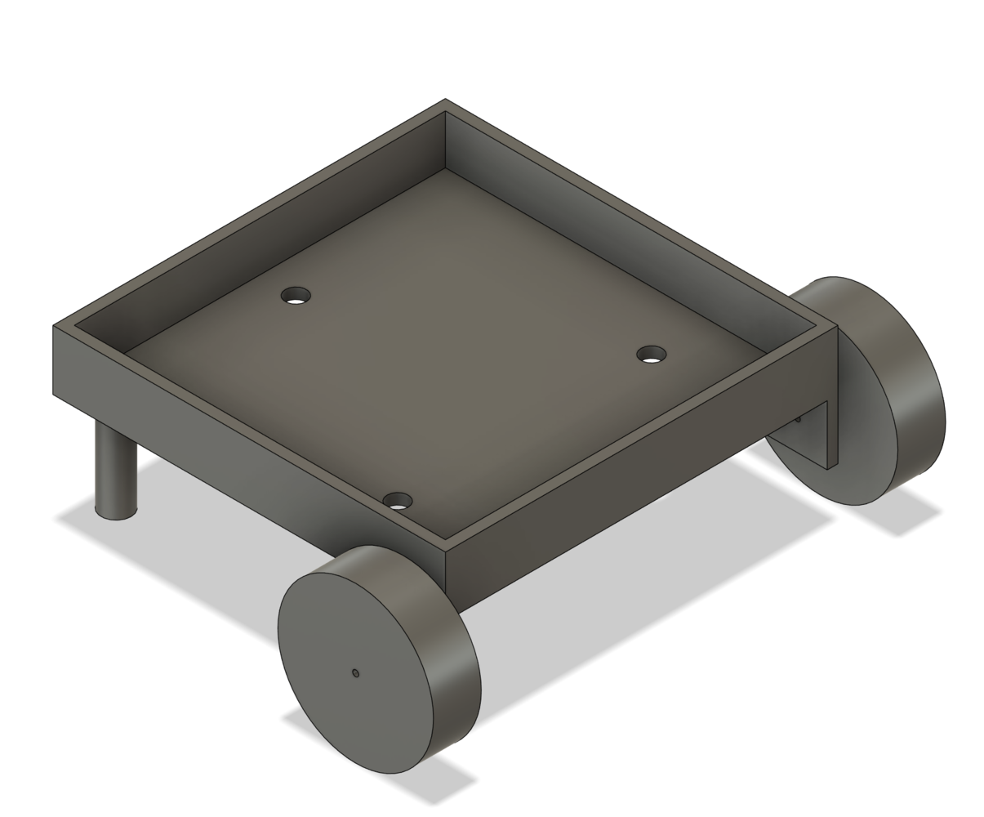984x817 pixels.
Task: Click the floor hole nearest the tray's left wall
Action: tap(296, 296)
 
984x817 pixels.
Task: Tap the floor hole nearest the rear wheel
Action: tap(651, 355)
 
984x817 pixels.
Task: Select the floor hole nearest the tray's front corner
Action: tap(398, 501)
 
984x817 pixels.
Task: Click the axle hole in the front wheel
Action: tap(355, 673)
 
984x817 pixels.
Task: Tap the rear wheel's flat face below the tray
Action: tap(796, 458)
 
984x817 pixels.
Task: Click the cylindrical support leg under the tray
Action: tap(116, 466)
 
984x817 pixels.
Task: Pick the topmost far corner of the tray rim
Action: tap(445, 100)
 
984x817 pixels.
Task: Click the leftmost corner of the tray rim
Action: tap(54, 326)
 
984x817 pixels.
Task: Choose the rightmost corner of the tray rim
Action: tap(836, 326)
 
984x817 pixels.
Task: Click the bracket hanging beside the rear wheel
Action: tap(832, 433)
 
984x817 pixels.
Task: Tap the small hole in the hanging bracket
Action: tap(799, 419)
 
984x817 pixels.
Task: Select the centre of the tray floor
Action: tap(445, 343)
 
